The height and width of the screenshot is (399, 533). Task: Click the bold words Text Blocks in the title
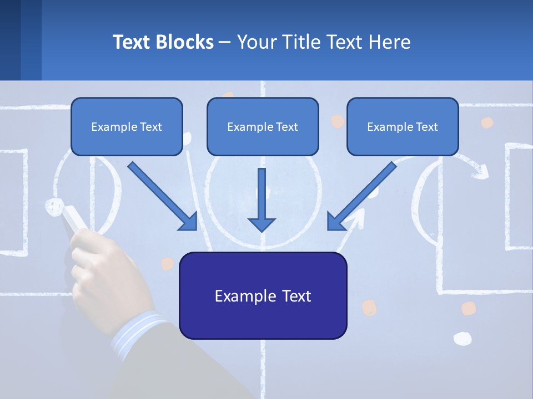coord(163,42)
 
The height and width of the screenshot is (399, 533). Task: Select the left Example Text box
coord(127,127)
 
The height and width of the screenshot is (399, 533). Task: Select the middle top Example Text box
coord(263,127)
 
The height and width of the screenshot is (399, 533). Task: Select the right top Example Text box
coord(403,127)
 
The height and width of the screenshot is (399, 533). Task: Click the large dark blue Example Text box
coord(263,296)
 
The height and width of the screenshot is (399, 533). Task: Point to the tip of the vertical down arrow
coord(262,230)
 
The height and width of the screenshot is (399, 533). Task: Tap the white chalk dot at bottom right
coord(462,338)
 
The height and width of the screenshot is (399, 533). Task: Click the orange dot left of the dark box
coord(167,263)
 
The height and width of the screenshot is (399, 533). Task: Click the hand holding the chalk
coord(103,272)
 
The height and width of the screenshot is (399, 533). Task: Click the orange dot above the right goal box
coord(486,122)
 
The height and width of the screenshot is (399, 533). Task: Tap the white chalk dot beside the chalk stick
coord(53,206)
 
